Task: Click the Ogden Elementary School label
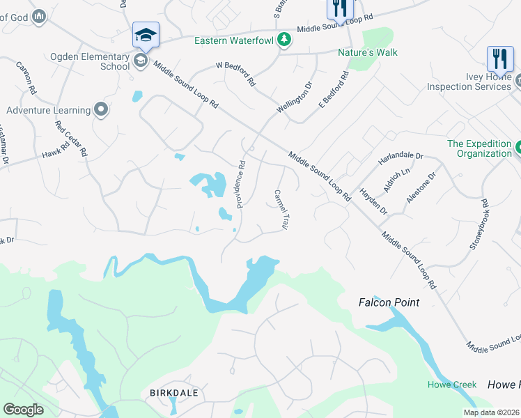tap(89, 61)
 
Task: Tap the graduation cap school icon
tap(146, 34)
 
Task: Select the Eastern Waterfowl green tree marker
tap(283, 40)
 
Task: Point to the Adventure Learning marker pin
tap(101, 109)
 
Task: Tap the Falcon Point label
tap(389, 302)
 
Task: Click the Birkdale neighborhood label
tap(174, 393)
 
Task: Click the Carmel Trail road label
tap(281, 210)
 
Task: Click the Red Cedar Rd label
tap(72, 138)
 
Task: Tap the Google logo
tap(23, 410)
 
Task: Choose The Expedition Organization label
tap(479, 148)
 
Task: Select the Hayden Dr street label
tap(373, 201)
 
